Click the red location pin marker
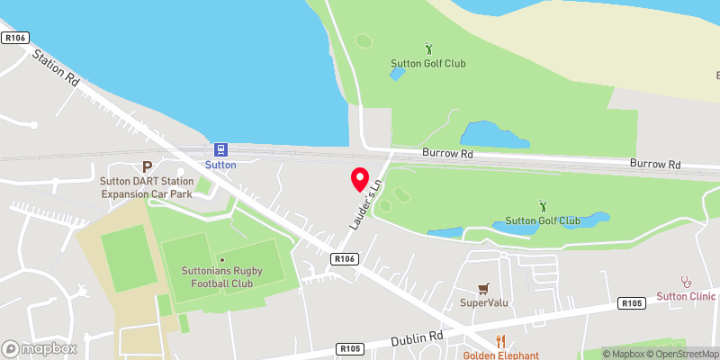(x=360, y=179)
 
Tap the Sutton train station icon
(x=220, y=149)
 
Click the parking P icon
(x=148, y=166)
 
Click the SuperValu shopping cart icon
(x=484, y=288)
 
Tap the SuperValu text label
(x=484, y=302)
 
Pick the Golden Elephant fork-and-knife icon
(x=500, y=341)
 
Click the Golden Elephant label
(x=501, y=355)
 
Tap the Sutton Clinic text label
(x=686, y=296)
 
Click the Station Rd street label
(x=55, y=68)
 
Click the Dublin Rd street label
(x=418, y=338)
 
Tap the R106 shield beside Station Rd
(x=14, y=37)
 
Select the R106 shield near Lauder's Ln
(x=344, y=259)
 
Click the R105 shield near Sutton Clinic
(x=632, y=304)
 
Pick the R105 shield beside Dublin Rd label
(x=350, y=348)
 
